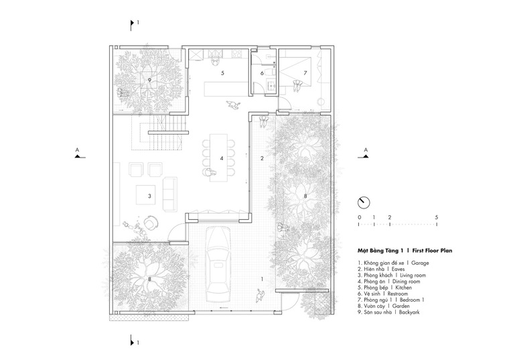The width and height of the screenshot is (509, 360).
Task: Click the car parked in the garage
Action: tap(218, 265)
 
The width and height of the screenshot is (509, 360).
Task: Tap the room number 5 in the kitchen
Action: tap(222, 73)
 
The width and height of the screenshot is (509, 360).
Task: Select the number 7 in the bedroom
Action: tap(305, 73)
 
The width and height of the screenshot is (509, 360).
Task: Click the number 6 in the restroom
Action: tap(262, 73)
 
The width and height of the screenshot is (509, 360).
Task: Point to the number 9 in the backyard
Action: tap(149, 80)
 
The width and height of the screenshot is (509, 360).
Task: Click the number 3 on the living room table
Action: tap(149, 196)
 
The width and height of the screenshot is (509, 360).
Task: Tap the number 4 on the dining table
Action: tap(222, 159)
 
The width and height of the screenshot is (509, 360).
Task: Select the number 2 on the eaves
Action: tap(262, 159)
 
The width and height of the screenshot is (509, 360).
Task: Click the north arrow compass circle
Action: tap(364, 202)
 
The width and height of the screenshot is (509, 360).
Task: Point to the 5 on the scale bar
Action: tap(437, 217)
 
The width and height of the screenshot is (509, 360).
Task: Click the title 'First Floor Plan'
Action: tap(432, 251)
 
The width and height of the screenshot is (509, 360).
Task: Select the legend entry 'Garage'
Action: tap(420, 263)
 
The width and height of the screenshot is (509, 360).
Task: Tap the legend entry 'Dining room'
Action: tap(406, 282)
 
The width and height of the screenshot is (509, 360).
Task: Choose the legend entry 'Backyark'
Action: tap(409, 312)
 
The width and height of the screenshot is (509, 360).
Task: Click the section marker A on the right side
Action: tap(364, 154)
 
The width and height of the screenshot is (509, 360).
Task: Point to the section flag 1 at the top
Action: tap(134, 24)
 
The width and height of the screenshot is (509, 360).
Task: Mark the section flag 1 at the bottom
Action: tap(134, 341)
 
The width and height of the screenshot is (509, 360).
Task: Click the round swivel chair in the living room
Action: tap(151, 223)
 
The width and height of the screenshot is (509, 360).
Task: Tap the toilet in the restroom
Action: tap(270, 72)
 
